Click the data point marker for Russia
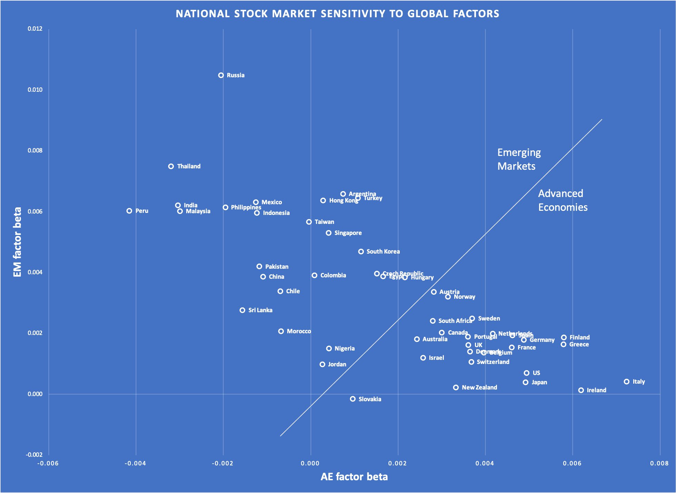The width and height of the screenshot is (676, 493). click(221, 75)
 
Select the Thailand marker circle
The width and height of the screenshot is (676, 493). click(171, 166)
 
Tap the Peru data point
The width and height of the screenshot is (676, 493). click(129, 211)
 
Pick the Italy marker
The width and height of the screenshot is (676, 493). click(627, 382)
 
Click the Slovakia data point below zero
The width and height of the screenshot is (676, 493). click(353, 399)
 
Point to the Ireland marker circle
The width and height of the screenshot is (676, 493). click(581, 390)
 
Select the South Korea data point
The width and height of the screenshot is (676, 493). click(361, 252)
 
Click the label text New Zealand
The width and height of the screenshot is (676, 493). click(479, 387)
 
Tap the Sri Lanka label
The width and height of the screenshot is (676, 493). click(260, 310)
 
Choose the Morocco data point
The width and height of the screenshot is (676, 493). click(281, 331)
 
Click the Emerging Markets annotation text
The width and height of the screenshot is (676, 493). click(519, 159)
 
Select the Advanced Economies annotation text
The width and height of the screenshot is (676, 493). click(563, 200)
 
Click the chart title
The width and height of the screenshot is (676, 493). click(337, 14)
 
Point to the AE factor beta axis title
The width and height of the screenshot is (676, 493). click(354, 477)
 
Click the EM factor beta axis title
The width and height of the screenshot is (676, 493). click(17, 242)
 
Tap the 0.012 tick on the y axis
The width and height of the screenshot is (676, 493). click(35, 29)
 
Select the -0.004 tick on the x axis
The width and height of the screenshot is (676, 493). click(135, 463)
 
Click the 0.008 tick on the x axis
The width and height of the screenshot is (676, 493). click(659, 463)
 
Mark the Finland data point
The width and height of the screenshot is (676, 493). click(564, 337)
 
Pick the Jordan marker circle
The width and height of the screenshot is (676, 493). click(322, 364)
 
